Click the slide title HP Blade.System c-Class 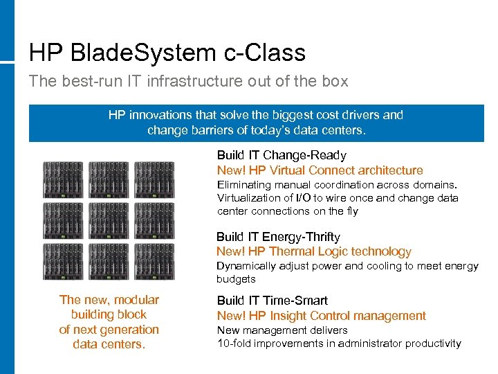click(x=167, y=53)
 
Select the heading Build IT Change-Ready click(x=281, y=155)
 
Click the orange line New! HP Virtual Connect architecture click(x=320, y=170)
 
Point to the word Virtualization click(x=250, y=198)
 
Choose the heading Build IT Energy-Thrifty click(x=278, y=237)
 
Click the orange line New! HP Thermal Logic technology click(x=313, y=252)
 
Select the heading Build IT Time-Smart click(x=272, y=301)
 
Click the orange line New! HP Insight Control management click(x=321, y=316)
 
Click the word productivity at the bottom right click(x=433, y=344)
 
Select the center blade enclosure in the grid click(x=109, y=220)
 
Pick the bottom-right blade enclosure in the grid click(x=154, y=260)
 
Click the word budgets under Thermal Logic click(x=236, y=279)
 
